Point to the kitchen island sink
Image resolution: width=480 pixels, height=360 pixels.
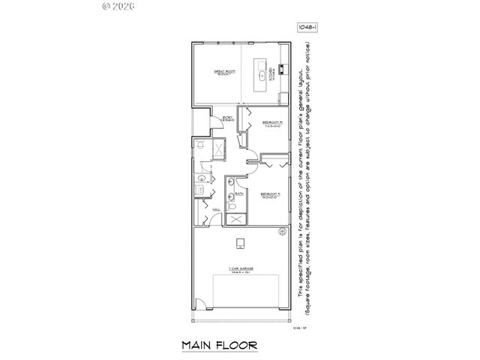[x=262, y=76]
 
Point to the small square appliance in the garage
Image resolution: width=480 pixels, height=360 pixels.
[x=240, y=241]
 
